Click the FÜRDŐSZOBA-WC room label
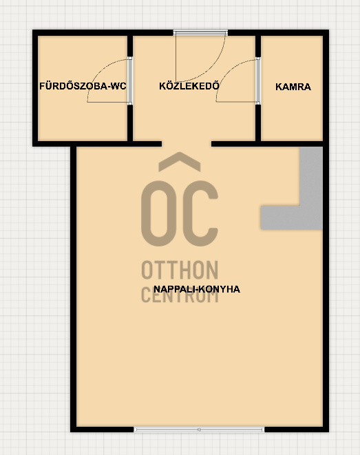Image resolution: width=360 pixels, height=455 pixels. [83, 86]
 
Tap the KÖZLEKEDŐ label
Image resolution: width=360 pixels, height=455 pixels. [189, 86]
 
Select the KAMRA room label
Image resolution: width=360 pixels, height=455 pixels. [293, 87]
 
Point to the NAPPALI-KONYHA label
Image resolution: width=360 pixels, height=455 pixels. [197, 289]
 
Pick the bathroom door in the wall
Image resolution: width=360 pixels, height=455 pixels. [130, 81]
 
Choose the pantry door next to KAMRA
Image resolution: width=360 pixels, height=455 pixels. [258, 81]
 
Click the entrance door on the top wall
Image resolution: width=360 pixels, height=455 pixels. [200, 33]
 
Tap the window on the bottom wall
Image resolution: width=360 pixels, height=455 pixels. [200, 430]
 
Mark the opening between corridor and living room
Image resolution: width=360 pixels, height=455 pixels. [187, 144]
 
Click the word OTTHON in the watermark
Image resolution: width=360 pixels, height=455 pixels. [180, 270]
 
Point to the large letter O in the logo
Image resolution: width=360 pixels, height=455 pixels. [159, 213]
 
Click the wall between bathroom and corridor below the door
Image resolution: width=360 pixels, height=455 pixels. [130, 123]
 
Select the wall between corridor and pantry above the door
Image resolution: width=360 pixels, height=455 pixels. [258, 46]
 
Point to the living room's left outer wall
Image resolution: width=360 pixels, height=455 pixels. [74, 289]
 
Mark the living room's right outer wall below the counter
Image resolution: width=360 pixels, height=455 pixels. [326, 328]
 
